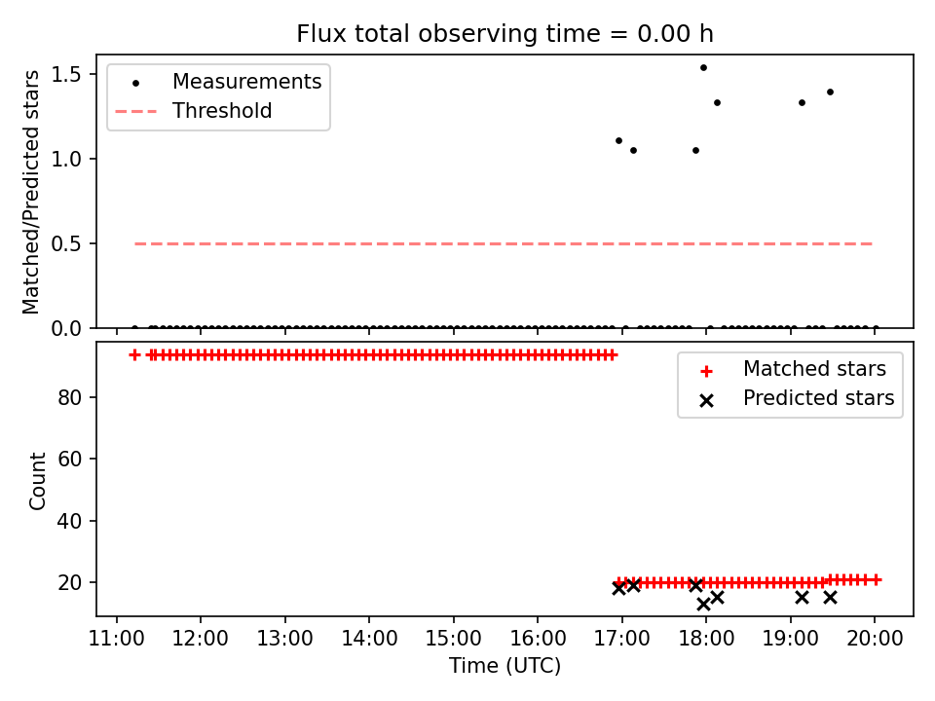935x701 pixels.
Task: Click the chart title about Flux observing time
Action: tap(505, 34)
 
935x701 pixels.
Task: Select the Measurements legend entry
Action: tap(217, 82)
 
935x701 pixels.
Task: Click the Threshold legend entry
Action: tap(194, 111)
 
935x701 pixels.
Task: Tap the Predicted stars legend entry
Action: tap(796, 398)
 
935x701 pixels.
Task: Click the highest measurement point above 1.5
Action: tap(703, 68)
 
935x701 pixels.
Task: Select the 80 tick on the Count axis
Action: tap(69, 397)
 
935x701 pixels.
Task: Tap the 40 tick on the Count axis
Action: tap(69, 521)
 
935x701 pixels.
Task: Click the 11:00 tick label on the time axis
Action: tap(116, 639)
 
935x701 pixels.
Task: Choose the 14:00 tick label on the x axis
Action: tap(369, 639)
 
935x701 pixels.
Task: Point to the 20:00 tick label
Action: tap(875, 639)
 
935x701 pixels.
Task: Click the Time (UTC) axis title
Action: tap(505, 666)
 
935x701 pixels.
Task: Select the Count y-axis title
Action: tap(38, 481)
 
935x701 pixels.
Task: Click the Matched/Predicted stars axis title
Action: tap(31, 192)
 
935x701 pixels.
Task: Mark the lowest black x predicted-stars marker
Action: tap(703, 605)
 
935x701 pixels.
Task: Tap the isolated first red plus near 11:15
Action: tap(134, 355)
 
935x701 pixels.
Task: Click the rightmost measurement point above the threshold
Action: tap(830, 92)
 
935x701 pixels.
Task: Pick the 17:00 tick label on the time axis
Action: tap(622, 639)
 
